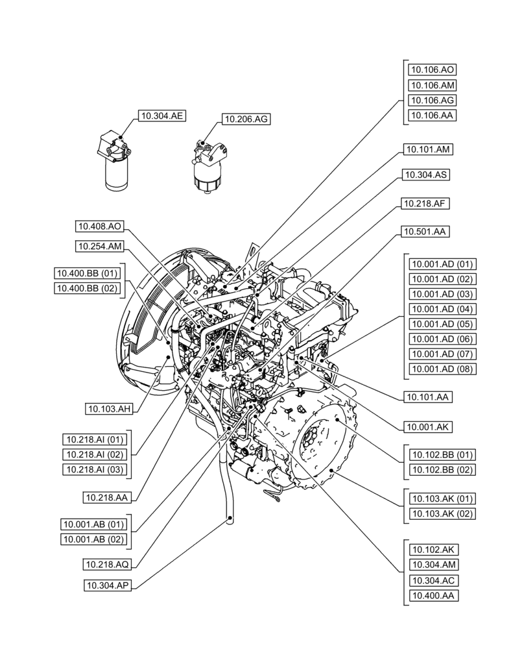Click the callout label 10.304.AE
pyautogui.click(x=161, y=116)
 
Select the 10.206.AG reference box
pyautogui.click(x=246, y=119)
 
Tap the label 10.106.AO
pyautogui.click(x=431, y=69)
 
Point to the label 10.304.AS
pyautogui.click(x=426, y=175)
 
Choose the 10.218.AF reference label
pyautogui.click(x=426, y=203)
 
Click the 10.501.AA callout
pyautogui.click(x=426, y=231)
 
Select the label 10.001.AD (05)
pyautogui.click(x=442, y=324)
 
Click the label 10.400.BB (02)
pyautogui.click(x=88, y=288)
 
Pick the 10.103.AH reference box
pyautogui.click(x=109, y=408)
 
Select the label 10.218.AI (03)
pyautogui.click(x=95, y=469)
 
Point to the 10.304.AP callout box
pyautogui.click(x=109, y=585)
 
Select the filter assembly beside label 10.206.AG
pyautogui.click(x=209, y=165)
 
